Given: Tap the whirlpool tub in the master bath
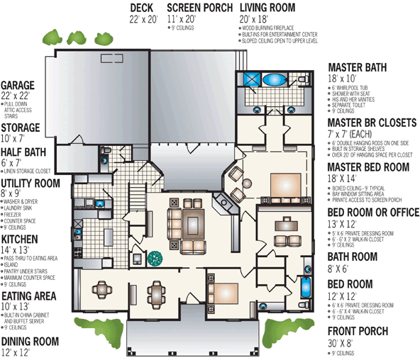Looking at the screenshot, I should pos(273,80).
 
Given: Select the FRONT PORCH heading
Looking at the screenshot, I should pos(358,331).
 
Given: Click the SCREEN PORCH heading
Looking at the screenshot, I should pos(199,8).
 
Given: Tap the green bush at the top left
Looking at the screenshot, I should pos(53,35).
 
